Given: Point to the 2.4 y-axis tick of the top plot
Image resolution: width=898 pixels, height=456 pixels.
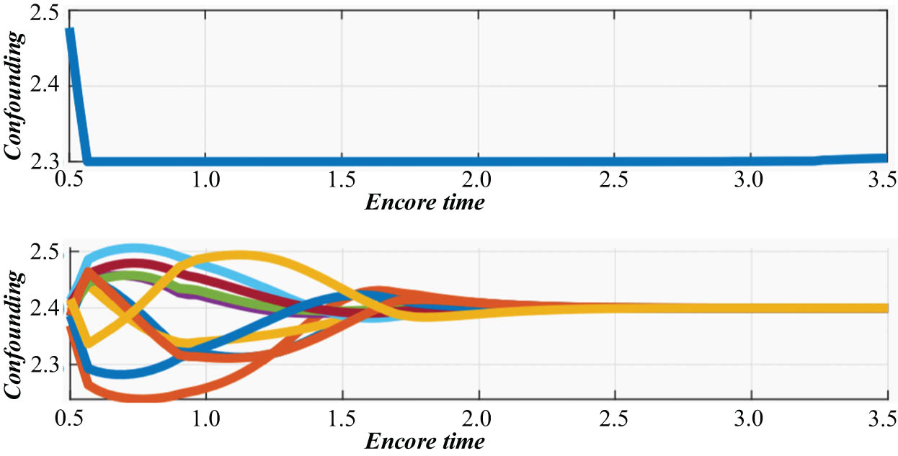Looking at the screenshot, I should [47, 86].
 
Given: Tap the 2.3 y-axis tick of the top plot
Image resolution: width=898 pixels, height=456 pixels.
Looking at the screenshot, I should [47, 162].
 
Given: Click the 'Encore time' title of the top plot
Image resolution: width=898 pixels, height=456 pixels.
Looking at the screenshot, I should [424, 202].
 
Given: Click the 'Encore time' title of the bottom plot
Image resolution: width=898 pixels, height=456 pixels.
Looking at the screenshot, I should [424, 439].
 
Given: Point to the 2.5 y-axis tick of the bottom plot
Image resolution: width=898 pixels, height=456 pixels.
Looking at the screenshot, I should [47, 254].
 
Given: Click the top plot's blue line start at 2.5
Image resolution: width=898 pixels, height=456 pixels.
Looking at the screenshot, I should [70, 30].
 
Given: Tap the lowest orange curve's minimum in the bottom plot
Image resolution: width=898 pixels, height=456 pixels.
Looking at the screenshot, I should [137, 398].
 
